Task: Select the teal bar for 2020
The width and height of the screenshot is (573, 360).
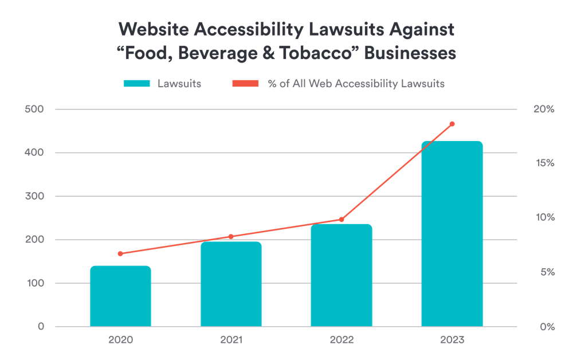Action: click(120, 296)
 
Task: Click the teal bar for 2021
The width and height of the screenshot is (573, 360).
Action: click(231, 284)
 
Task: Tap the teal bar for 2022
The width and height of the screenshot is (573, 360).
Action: click(342, 275)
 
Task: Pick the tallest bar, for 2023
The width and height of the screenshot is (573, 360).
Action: click(452, 234)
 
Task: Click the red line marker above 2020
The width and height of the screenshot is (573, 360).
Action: click(120, 253)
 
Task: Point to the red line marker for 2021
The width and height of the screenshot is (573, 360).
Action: click(231, 236)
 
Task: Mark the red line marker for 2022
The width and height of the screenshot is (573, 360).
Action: click(342, 219)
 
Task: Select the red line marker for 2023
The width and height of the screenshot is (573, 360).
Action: click(452, 124)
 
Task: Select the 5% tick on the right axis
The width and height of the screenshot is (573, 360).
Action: click(547, 272)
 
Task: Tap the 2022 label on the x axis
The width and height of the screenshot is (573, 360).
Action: click(342, 340)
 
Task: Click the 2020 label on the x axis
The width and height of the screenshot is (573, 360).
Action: click(120, 340)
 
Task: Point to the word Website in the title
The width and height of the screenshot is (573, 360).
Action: click(153, 29)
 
